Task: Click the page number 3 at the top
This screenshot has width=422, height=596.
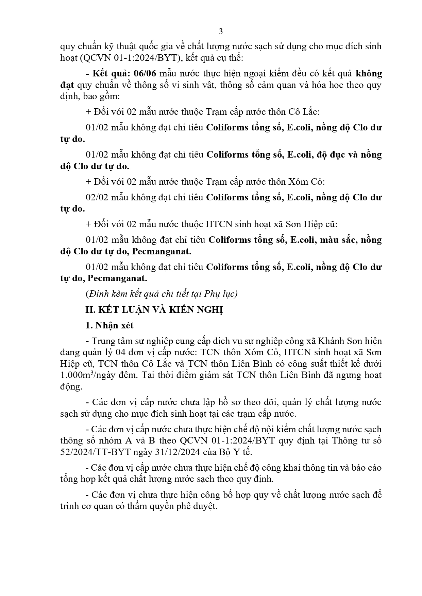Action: (220, 32)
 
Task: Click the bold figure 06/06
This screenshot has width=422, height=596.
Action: (146, 74)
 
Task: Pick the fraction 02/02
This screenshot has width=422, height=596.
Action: (97, 197)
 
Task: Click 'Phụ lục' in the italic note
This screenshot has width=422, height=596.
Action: (224, 294)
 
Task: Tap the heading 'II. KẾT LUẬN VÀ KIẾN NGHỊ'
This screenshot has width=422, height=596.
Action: (154, 310)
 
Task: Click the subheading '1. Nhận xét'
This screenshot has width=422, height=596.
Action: (109, 326)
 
